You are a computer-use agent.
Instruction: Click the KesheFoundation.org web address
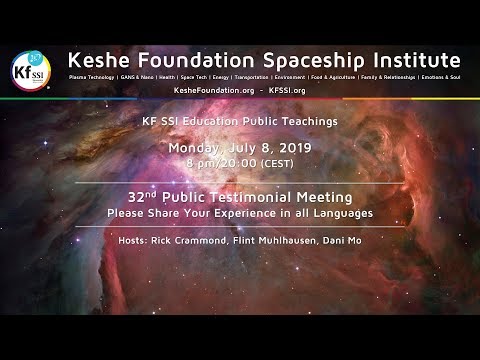click(213, 90)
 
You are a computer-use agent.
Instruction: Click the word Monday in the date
click(198, 147)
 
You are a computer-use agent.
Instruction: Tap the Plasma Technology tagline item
click(92, 76)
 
